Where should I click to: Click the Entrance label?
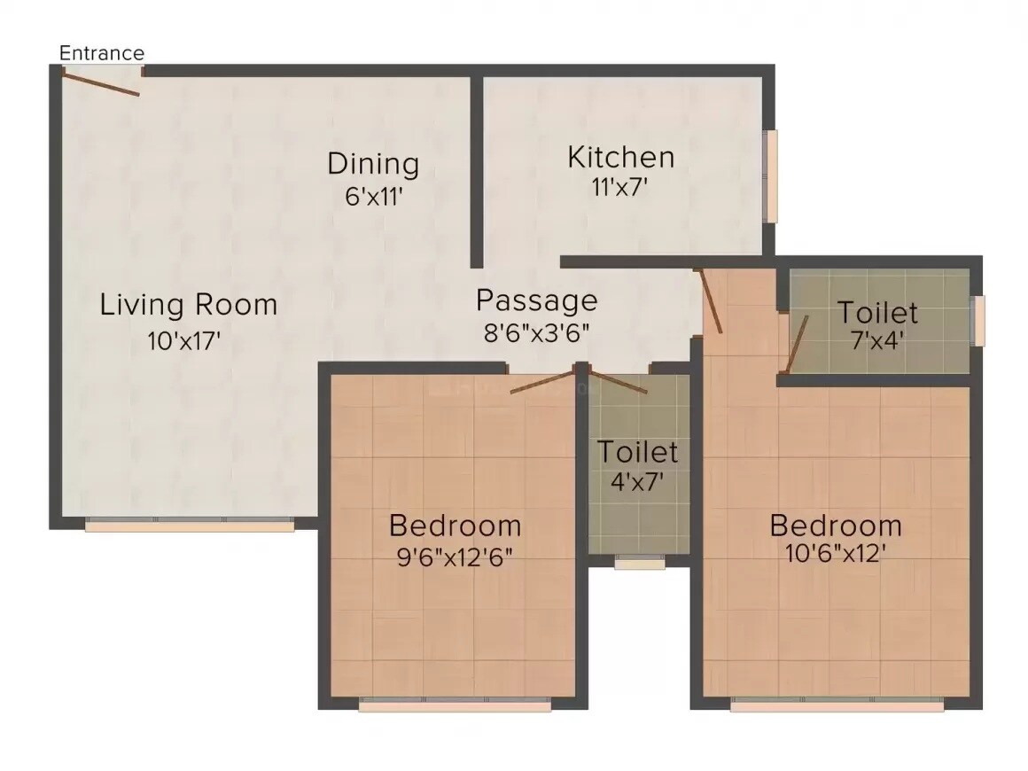(x=101, y=53)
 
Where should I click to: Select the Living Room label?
(x=188, y=305)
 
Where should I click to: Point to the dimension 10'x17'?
(x=184, y=341)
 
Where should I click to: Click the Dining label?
(x=372, y=164)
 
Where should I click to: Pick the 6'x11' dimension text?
(x=374, y=196)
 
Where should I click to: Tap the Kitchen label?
(x=620, y=158)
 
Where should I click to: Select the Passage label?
(x=536, y=300)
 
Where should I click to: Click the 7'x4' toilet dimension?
(x=876, y=341)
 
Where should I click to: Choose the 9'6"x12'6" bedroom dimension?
(x=455, y=557)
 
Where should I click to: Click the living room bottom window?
(x=189, y=526)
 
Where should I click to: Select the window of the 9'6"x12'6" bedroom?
(x=455, y=705)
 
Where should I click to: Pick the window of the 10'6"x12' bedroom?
(x=837, y=705)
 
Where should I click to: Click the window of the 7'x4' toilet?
(x=978, y=320)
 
